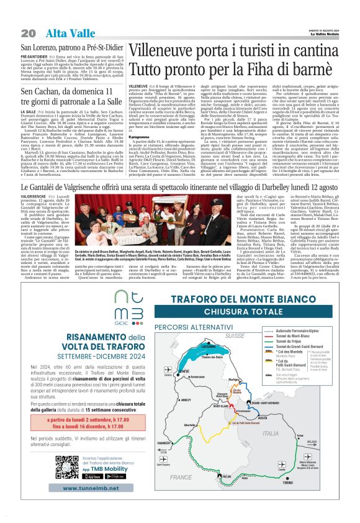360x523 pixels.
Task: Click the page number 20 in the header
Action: click(x=28, y=33)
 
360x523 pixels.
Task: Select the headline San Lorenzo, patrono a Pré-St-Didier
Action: click(x=72, y=48)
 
